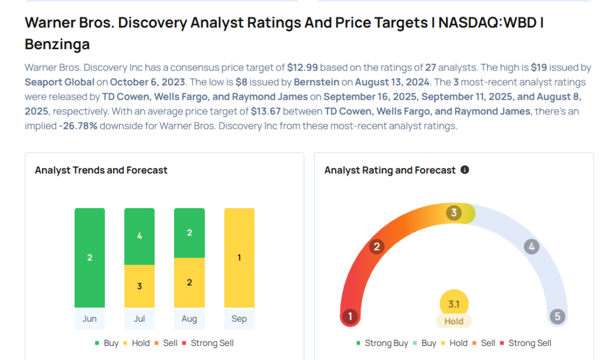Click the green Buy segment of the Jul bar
pos(139,236)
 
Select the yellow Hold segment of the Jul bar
pos(139,286)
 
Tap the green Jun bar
pos(90,257)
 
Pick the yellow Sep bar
pos(239,257)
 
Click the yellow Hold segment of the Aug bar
pos(189,283)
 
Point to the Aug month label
pos(189,319)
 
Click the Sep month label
pos(239,319)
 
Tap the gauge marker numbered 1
pos(350,317)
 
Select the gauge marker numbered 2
pos(377,246)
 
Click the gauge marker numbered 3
pos(453,213)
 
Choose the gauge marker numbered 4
pos(531,246)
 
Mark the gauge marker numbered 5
pos(557,317)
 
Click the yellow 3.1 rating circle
pos(454,304)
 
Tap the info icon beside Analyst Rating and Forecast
pos(465,170)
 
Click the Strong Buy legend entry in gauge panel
pos(381,343)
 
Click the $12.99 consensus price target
pos(302,67)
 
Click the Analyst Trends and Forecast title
pos(101,170)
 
